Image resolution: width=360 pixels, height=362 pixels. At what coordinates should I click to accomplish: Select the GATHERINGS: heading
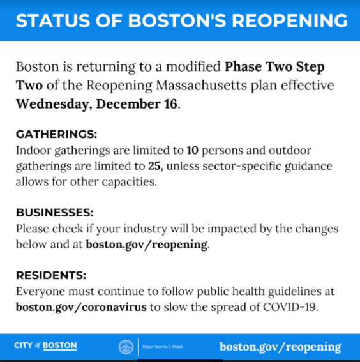(56, 135)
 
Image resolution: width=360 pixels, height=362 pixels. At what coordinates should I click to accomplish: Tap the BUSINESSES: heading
(54, 212)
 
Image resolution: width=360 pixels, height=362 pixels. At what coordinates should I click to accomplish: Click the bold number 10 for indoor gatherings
(193, 151)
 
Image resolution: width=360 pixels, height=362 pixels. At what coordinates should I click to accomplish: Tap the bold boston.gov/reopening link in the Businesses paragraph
(147, 244)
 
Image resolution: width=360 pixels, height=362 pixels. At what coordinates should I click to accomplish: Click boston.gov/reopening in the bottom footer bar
(280, 347)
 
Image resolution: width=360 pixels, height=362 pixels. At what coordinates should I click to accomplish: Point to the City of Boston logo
(45, 346)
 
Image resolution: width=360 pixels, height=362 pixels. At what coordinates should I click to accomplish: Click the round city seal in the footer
(126, 347)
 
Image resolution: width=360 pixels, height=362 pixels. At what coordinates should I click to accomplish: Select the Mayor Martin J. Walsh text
(162, 347)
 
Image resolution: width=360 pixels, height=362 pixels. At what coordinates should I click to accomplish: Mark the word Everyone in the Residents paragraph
(40, 291)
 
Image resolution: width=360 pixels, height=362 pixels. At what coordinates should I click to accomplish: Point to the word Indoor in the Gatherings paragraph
(33, 151)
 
